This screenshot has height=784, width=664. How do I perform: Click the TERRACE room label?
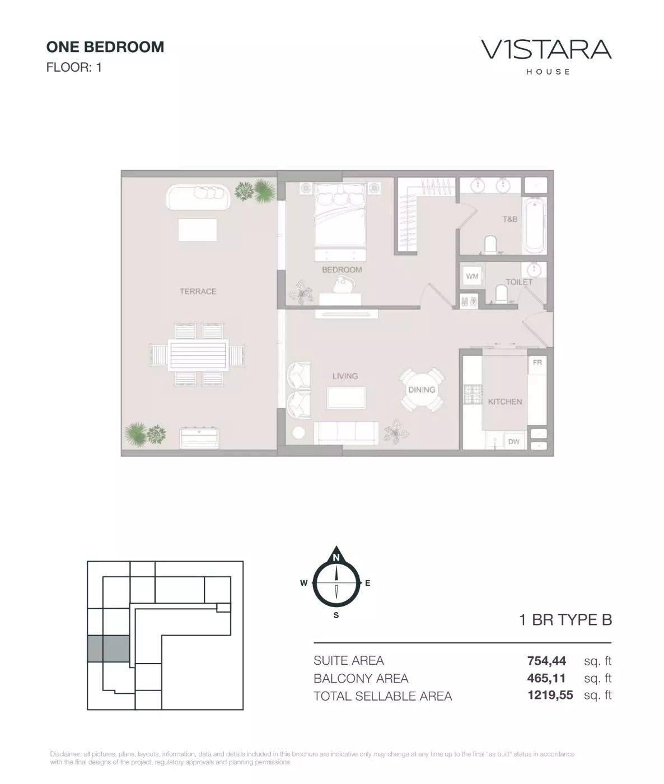[198, 291]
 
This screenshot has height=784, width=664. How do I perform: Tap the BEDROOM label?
[342, 270]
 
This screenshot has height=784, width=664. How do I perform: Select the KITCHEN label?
[504, 402]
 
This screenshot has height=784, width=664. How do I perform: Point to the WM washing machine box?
[472, 277]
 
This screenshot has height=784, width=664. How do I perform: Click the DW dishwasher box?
[513, 441]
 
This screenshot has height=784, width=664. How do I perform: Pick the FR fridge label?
[537, 363]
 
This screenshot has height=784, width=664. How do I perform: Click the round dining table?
[422, 390]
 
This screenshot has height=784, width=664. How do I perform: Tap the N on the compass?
[336, 558]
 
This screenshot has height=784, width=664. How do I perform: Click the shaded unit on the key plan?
[109, 649]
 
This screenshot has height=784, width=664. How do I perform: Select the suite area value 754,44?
[546, 661]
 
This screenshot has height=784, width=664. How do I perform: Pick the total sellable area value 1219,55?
[550, 696]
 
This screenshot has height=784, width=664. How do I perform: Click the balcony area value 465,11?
[546, 678]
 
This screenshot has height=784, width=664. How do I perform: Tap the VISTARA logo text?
[546, 50]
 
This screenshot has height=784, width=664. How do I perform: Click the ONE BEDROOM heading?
[105, 47]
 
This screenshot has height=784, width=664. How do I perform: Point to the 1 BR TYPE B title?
[565, 620]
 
